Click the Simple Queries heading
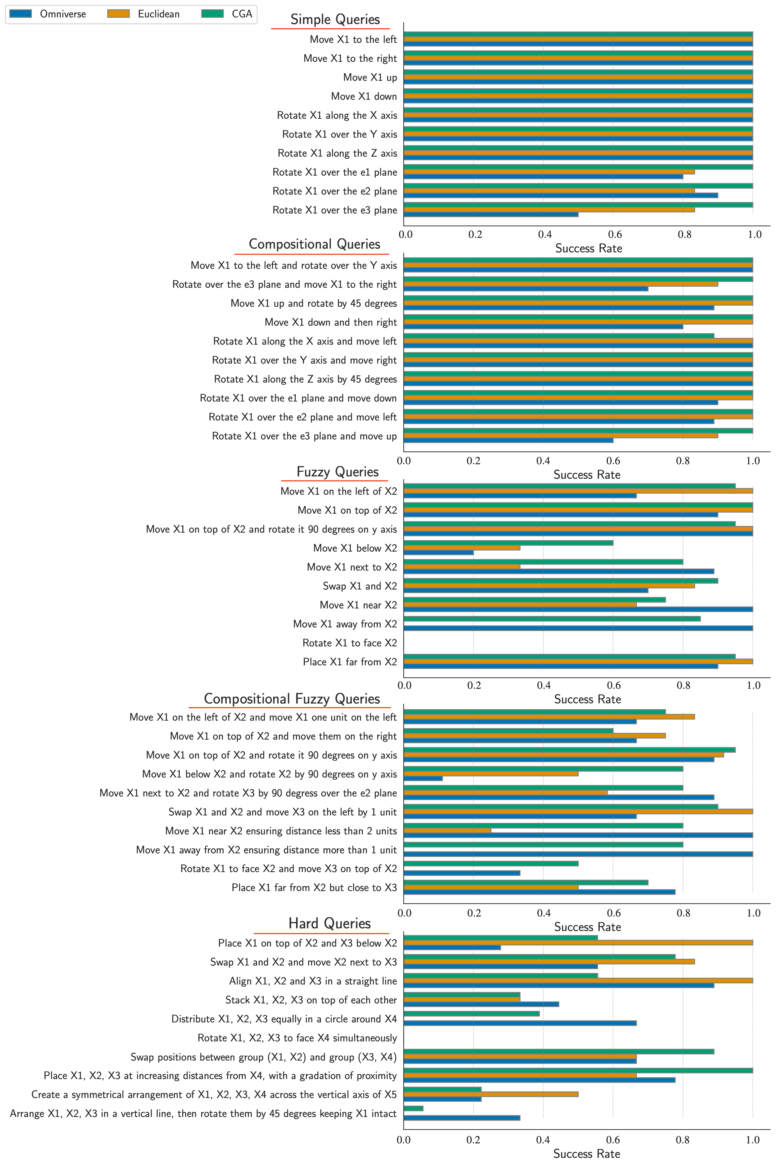(x=335, y=19)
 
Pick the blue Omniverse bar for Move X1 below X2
(x=438, y=552)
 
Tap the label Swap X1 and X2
(x=360, y=586)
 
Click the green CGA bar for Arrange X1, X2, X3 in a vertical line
(x=413, y=1108)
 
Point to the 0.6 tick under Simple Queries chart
(x=615, y=235)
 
